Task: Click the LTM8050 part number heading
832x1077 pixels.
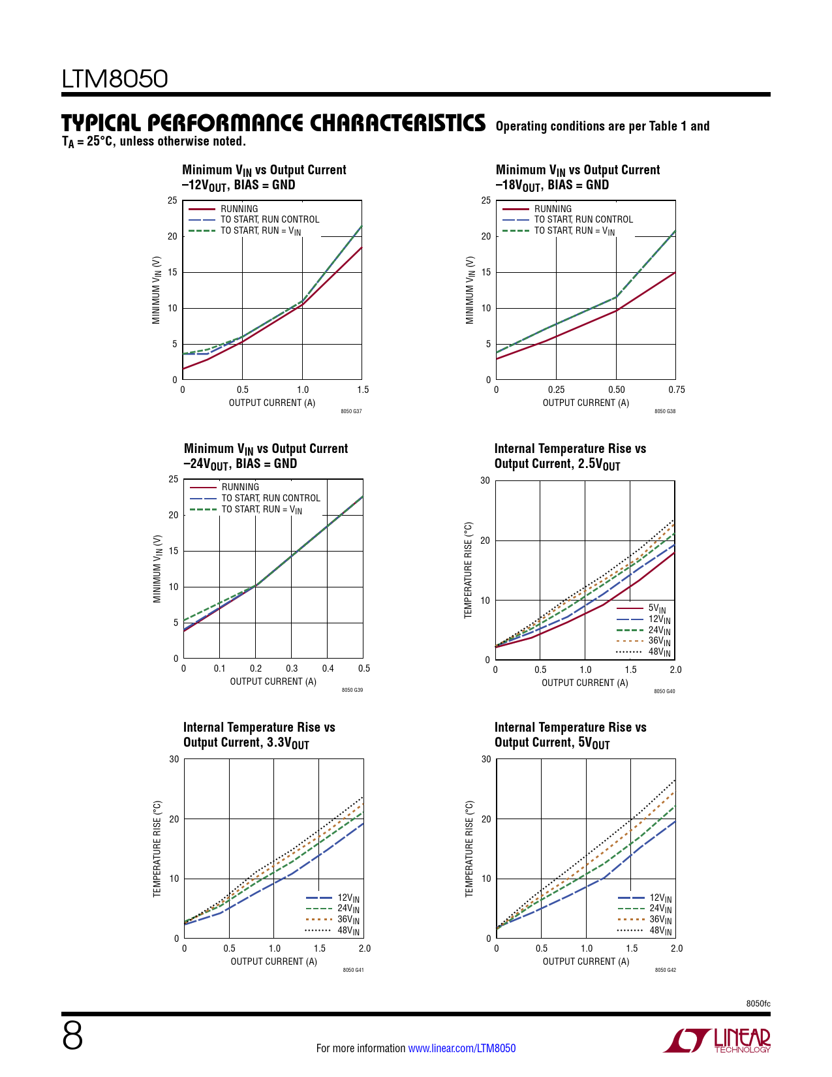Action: pos(115,79)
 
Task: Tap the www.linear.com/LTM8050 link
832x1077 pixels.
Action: pos(461,1048)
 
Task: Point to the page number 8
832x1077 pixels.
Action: pos(72,1036)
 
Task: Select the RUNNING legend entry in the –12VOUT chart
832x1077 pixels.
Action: pos(239,209)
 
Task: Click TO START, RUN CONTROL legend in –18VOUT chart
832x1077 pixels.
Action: pos(583,219)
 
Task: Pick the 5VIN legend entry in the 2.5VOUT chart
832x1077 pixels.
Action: pos(657,608)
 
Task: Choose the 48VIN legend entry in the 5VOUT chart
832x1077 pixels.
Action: pos(660,930)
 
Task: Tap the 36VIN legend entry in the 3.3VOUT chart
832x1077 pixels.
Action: pos(348,920)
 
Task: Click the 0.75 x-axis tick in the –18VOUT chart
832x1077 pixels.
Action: pos(677,390)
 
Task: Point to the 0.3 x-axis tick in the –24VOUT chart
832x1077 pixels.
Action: pos(292,668)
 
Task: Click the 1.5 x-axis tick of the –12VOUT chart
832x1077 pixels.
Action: pos(363,390)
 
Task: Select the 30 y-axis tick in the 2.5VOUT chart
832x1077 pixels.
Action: pos(485,481)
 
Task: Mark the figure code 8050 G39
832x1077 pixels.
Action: pos(352,691)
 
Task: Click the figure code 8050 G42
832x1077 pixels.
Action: pos(666,970)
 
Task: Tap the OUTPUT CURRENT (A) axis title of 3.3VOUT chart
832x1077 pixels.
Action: pos(273,961)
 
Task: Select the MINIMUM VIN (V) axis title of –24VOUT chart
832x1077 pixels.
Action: pos(157,569)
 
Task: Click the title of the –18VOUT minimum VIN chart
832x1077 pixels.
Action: pos(578,178)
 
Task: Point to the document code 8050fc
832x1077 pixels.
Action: pos(758,1003)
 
